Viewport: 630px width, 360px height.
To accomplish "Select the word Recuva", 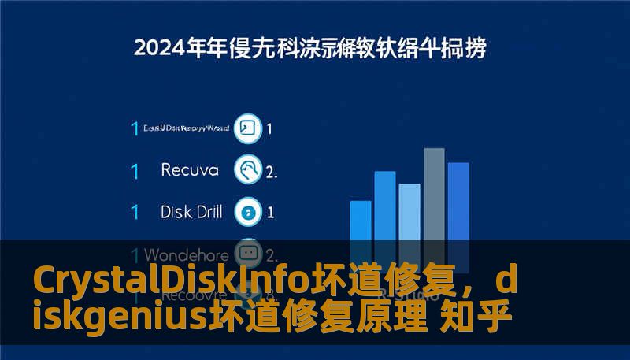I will (189, 169).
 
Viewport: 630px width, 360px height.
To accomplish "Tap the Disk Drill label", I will (191, 211).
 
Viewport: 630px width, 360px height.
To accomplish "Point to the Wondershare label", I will (187, 255).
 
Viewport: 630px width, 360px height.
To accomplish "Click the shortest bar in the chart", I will (361, 225).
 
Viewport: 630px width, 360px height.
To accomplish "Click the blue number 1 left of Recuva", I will (135, 169).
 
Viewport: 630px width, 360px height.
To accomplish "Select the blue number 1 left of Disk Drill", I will (135, 211).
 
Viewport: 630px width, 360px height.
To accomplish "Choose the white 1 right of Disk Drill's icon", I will (270, 211).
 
